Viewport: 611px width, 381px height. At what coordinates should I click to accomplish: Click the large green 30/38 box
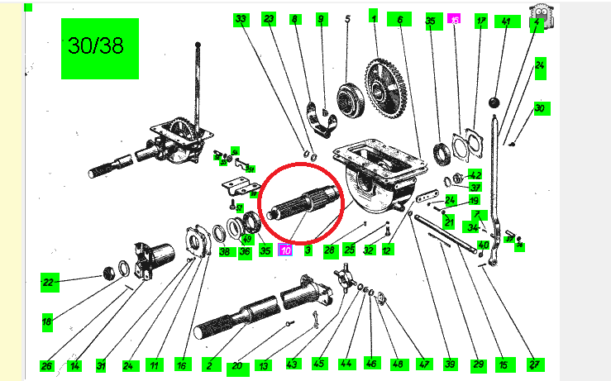[x=96, y=46]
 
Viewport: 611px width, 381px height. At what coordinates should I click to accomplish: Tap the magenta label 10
[x=285, y=250]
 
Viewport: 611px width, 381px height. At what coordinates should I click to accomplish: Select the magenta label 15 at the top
[x=454, y=18]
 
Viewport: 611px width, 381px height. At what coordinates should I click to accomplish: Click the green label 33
[x=241, y=18]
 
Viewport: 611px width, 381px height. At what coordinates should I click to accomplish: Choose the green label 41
[x=506, y=21]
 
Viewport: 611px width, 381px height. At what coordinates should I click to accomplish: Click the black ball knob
[x=496, y=102]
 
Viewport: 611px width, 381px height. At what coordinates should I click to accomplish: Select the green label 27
[x=534, y=364]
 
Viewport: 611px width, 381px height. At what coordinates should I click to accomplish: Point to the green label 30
[x=541, y=108]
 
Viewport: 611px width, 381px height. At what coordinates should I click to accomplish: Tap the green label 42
[x=475, y=175]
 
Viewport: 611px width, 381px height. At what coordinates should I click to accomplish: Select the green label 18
[x=47, y=320]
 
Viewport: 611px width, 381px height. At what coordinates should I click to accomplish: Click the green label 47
[x=424, y=364]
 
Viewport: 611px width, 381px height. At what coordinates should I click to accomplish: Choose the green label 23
[x=268, y=18]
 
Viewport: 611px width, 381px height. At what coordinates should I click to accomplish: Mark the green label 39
[x=450, y=364]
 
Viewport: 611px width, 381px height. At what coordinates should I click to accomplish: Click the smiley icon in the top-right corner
[x=542, y=14]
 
